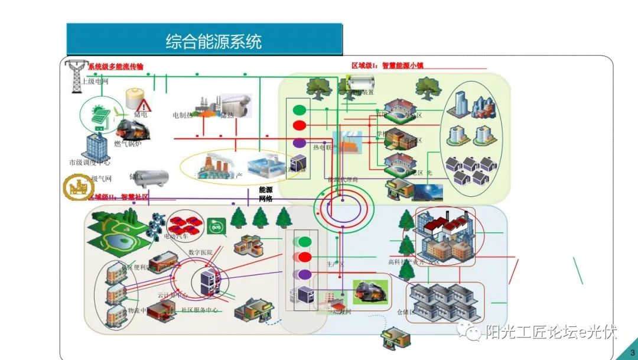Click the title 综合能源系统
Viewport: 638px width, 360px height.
pyautogui.click(x=213, y=42)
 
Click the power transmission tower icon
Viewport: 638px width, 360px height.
pyautogui.click(x=76, y=76)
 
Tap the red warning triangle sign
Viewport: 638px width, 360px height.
pyautogui.click(x=144, y=106)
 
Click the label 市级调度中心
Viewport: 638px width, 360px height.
pyautogui.click(x=89, y=162)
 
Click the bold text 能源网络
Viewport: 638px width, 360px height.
pyautogui.click(x=266, y=194)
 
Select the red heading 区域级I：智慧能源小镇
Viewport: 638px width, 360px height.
pyautogui.click(x=387, y=66)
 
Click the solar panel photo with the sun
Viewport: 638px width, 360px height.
pyautogui.click(x=429, y=192)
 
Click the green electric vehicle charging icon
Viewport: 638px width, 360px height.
pyautogui.click(x=216, y=225)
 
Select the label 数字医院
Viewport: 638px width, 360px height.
pyautogui.click(x=200, y=252)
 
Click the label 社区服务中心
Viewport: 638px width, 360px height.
pyautogui.click(x=199, y=310)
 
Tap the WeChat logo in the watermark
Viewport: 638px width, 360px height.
pyautogui.click(x=473, y=334)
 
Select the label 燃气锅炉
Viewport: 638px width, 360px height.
pyautogui.click(x=128, y=144)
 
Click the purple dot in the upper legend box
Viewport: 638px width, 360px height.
pyautogui.click(x=300, y=142)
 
